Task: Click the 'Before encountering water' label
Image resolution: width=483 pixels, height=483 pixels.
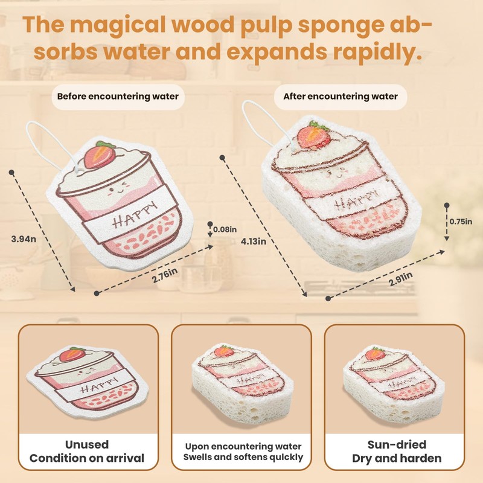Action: [x=118, y=96]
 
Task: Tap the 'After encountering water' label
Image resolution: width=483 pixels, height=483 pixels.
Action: [x=341, y=96]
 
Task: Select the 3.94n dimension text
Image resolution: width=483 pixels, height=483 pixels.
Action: [x=24, y=238]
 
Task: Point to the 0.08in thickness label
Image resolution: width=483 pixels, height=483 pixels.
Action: [x=225, y=229]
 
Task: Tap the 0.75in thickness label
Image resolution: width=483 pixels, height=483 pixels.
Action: [x=461, y=222]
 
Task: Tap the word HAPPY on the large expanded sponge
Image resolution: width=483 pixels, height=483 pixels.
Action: [x=351, y=201]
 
